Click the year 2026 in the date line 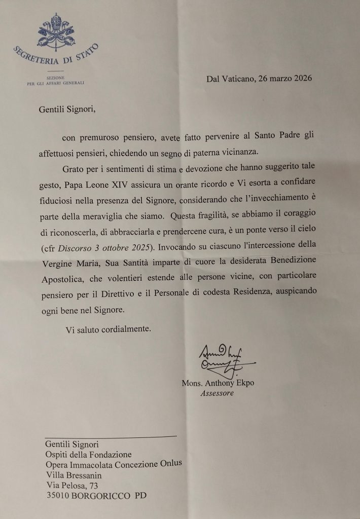[302, 79]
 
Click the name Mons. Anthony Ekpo [218, 383]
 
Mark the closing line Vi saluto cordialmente [108, 329]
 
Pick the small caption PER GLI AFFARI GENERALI [56, 83]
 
